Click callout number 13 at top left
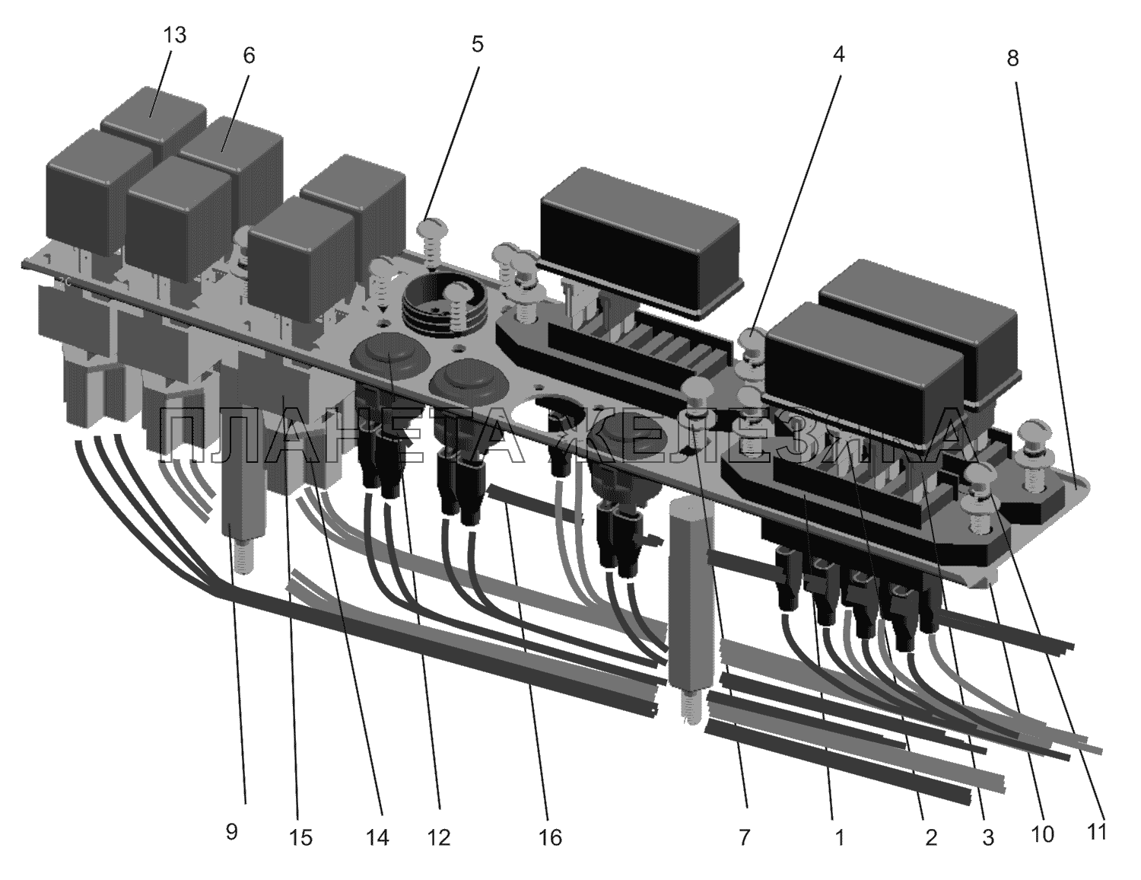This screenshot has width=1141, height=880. click(174, 36)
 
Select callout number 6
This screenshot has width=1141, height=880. click(249, 56)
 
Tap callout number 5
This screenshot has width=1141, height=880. click(477, 44)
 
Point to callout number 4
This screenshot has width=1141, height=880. click(838, 55)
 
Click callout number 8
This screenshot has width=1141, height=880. click(1012, 58)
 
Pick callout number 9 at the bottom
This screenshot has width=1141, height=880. click(231, 832)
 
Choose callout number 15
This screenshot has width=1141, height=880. click(300, 837)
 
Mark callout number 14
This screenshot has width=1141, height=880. click(377, 837)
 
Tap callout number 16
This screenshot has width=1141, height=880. click(550, 837)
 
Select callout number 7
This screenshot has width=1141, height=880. click(744, 837)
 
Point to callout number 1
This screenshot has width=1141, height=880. click(839, 837)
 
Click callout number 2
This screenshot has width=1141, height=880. click(930, 837)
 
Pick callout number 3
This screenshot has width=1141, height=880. click(987, 837)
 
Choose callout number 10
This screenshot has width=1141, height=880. click(1042, 834)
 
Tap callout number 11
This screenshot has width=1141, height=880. click(1096, 832)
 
